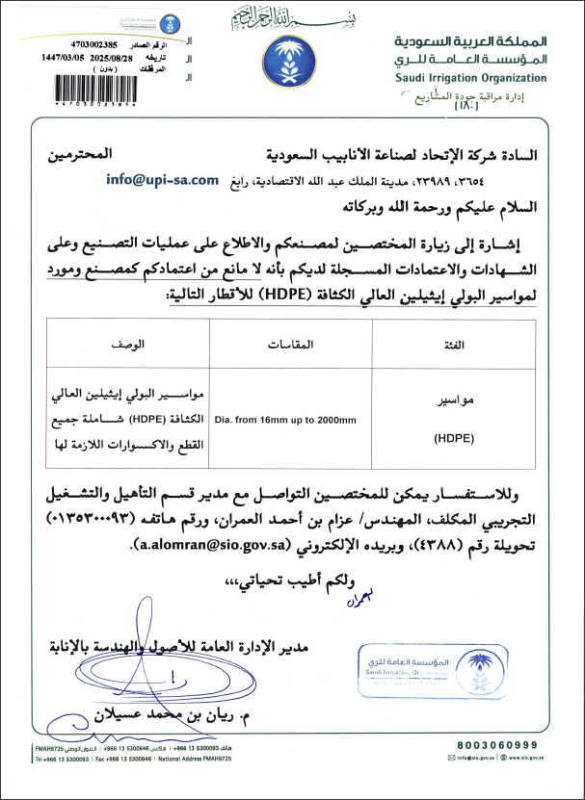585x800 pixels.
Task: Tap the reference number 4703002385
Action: pos(93,44)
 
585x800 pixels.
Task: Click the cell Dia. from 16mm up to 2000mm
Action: pos(285,420)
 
